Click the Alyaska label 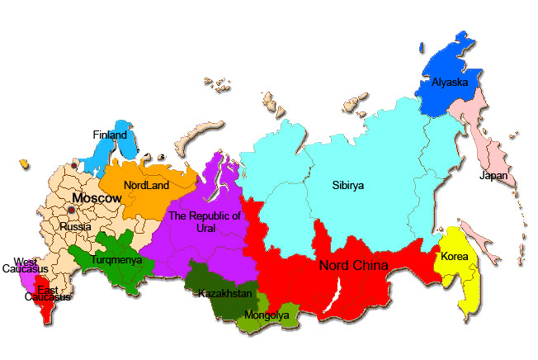pyautogui.click(x=450, y=82)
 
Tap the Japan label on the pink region pyautogui.click(x=493, y=175)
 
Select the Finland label pyautogui.click(x=110, y=135)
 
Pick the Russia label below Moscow pyautogui.click(x=75, y=226)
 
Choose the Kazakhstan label pyautogui.click(x=224, y=293)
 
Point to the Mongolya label pyautogui.click(x=267, y=315)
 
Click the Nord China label pyautogui.click(x=353, y=265)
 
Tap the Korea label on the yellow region pyautogui.click(x=454, y=257)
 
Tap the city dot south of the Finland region pyautogui.click(x=73, y=166)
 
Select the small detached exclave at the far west pyautogui.click(x=25, y=164)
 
